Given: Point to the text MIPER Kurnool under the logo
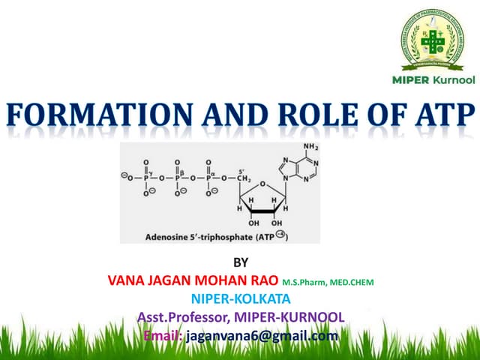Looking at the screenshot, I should (x=433, y=79).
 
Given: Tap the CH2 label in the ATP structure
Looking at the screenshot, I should (x=242, y=179).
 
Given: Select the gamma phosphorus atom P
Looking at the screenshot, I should (x=146, y=179).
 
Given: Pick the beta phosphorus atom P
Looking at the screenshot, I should (x=177, y=179).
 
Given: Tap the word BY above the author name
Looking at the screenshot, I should (x=240, y=263).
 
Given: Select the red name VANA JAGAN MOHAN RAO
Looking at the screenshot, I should (x=193, y=281).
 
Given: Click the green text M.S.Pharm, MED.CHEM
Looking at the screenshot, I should (x=327, y=283).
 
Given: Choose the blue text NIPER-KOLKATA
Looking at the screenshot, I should (x=240, y=299).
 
